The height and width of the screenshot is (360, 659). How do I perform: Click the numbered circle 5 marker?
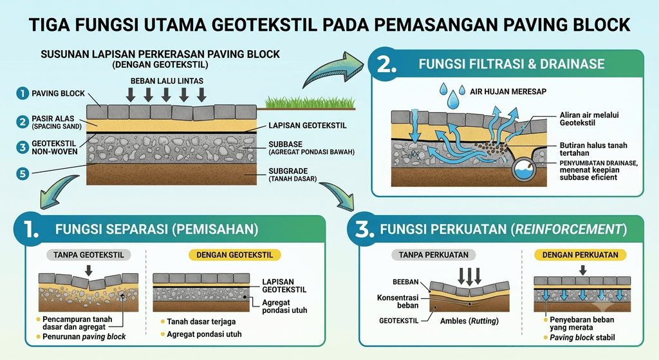click(x=23, y=173)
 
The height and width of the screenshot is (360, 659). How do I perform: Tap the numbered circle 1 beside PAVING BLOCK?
click(x=23, y=93)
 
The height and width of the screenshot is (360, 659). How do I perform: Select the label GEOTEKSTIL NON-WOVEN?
click(x=55, y=147)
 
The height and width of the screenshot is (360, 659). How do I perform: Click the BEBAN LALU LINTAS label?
click(x=167, y=81)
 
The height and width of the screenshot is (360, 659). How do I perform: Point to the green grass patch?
click(x=310, y=102)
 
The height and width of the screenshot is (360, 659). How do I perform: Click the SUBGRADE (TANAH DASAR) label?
click(x=293, y=175)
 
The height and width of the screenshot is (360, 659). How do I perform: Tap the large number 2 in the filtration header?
click(x=386, y=64)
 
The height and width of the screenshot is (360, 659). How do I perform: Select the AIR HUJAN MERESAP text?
click(x=508, y=91)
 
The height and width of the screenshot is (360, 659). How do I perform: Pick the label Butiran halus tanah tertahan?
click(x=593, y=149)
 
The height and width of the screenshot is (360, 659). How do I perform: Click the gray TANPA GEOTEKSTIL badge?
click(x=89, y=255)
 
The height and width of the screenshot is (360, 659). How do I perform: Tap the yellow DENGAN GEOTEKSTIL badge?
click(x=234, y=255)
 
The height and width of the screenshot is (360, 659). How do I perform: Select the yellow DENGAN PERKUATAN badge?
click(x=580, y=255)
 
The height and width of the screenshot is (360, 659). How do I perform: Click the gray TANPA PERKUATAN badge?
click(x=433, y=255)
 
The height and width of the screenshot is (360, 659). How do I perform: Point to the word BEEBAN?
click(x=405, y=282)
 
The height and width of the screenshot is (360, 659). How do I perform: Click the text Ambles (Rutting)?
click(x=469, y=321)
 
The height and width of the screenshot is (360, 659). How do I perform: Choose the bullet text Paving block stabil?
click(x=582, y=337)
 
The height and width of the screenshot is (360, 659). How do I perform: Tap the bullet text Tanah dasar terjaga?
click(x=201, y=322)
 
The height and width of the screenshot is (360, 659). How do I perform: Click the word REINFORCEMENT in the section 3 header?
click(x=568, y=229)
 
